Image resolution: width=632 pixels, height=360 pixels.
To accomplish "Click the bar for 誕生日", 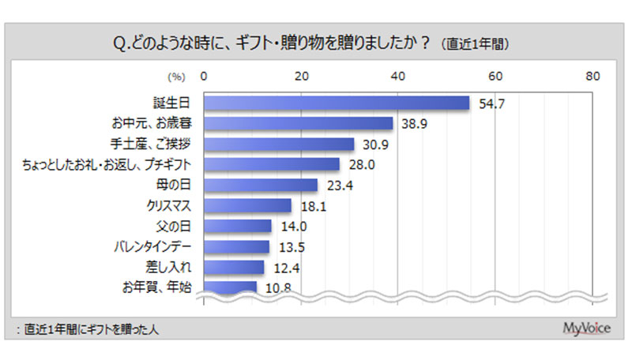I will tap(337, 103).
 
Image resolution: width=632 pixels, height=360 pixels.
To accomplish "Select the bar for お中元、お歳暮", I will tap(299, 123).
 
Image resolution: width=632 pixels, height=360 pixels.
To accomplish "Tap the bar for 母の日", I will tap(261, 185).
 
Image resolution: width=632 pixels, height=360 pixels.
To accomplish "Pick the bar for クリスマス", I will tap(248, 205).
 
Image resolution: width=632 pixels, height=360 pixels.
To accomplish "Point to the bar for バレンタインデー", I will tap(237, 246).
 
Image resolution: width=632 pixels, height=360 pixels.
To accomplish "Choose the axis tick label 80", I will tap(593, 76).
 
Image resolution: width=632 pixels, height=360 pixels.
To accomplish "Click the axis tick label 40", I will tap(398, 76).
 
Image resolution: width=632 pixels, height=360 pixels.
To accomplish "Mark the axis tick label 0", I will tap(205, 76).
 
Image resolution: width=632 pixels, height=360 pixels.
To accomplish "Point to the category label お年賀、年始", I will tap(160, 287).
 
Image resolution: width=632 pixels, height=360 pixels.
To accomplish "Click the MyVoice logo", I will tap(585, 328).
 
